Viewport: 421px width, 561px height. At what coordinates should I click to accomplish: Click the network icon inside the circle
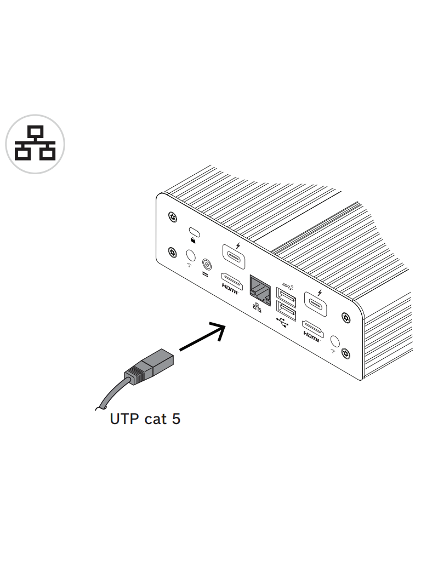coord(35,144)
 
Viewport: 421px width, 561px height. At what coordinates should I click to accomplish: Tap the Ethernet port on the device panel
coord(260,289)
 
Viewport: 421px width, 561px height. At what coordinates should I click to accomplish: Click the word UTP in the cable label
coord(124,419)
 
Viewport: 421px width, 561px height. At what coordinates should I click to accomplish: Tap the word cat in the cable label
coord(155,420)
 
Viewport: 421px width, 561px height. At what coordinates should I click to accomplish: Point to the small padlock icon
coord(193,239)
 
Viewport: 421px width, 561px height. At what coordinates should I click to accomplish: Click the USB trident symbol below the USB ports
coord(283,323)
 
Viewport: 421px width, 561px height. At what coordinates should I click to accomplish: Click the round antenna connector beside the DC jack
coord(190,255)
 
